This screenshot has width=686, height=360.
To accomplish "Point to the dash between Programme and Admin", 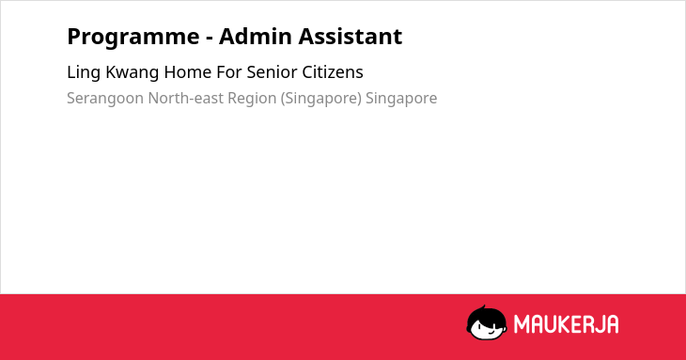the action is [210, 39].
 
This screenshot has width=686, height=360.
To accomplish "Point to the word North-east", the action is [185, 99].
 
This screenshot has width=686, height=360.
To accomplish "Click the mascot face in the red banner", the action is [487, 323].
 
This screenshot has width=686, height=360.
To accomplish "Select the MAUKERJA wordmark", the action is [566, 324].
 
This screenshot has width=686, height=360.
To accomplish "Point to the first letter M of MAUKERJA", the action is [522, 324].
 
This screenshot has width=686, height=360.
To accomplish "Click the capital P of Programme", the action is [73, 37].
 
